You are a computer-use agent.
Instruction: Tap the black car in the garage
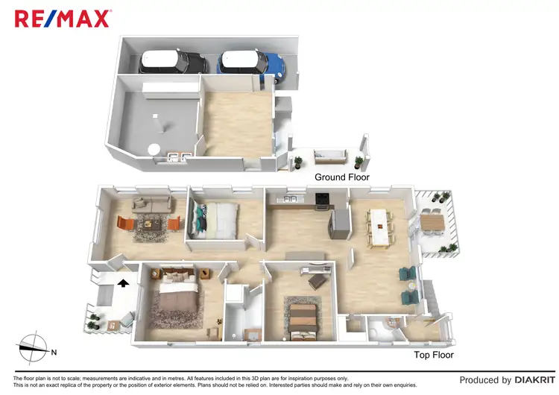click(173, 62)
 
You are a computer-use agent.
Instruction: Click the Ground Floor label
click(341, 177)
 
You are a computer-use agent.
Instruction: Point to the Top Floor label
click(434, 355)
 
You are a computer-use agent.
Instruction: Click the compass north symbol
click(34, 348)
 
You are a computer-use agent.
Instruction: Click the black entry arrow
click(123, 282)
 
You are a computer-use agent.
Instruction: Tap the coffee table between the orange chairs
click(153, 224)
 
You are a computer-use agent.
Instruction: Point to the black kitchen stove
click(323, 199)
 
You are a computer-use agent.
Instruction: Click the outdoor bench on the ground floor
click(329, 157)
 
